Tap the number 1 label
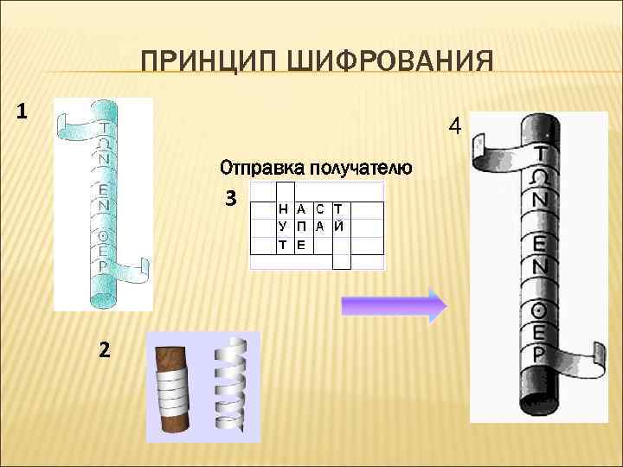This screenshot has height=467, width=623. pyautogui.click(x=22, y=112)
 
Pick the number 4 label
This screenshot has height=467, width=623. pyautogui.click(x=455, y=127)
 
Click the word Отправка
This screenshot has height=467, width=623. pyautogui.click(x=261, y=166)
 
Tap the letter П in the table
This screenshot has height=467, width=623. pyautogui.click(x=300, y=227)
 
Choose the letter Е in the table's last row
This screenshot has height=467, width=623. pyautogui.click(x=300, y=245)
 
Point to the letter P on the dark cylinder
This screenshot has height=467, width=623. pyautogui.click(x=539, y=354)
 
